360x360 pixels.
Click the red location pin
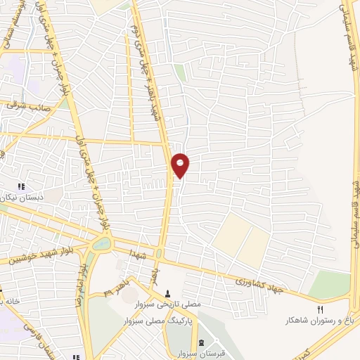coord(181,165)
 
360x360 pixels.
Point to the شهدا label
coord(138,252)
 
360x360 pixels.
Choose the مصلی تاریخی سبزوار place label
coord(168,304)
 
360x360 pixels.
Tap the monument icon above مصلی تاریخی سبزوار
coord(168,294)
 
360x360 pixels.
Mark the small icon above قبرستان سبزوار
coord(202,342)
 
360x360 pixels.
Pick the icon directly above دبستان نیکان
coord(21,187)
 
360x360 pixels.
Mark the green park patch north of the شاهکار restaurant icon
coord(329,283)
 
